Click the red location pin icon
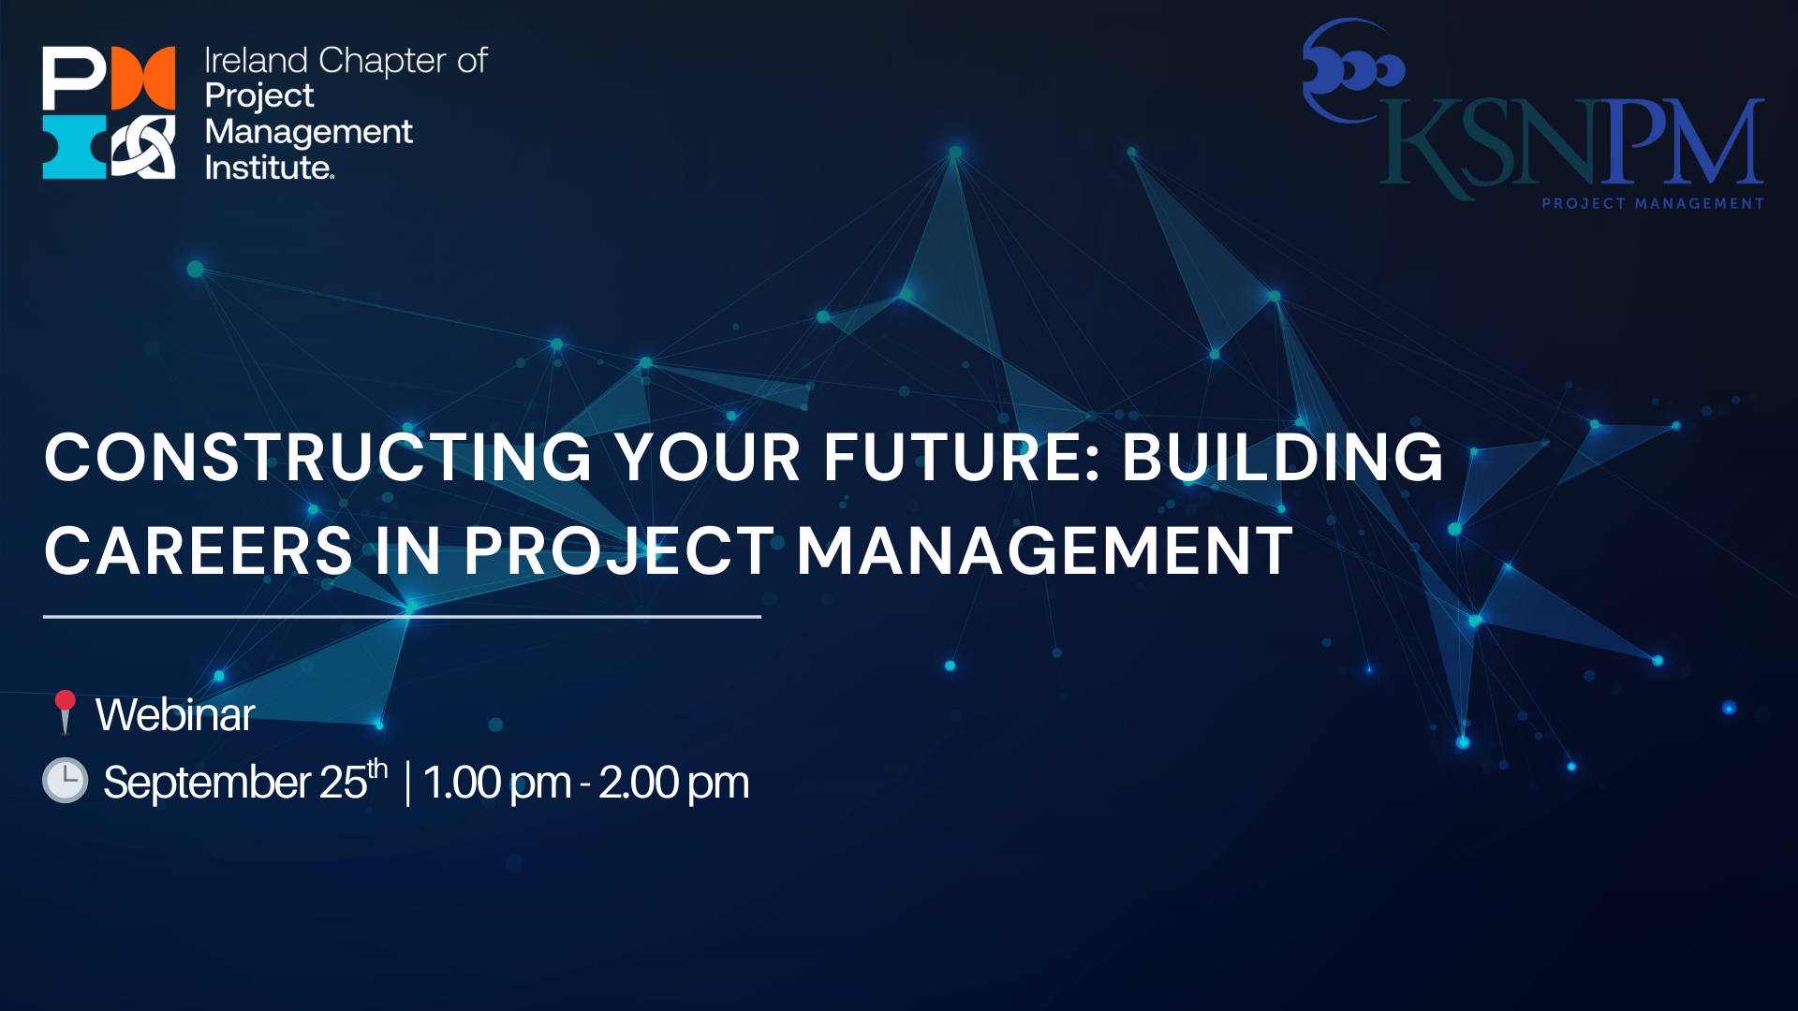(65, 712)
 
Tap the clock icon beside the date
(66, 781)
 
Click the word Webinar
(175, 714)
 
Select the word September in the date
(207, 783)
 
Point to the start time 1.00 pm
(496, 783)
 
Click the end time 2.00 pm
(673, 783)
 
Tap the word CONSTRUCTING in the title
(318, 458)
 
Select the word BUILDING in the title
(1283, 458)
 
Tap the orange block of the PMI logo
(143, 79)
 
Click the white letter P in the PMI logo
(74, 79)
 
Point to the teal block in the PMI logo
(75, 147)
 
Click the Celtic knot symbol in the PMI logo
(143, 147)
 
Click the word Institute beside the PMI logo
(268, 168)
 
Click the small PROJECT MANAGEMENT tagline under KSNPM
(1653, 203)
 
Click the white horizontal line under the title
(402, 617)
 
